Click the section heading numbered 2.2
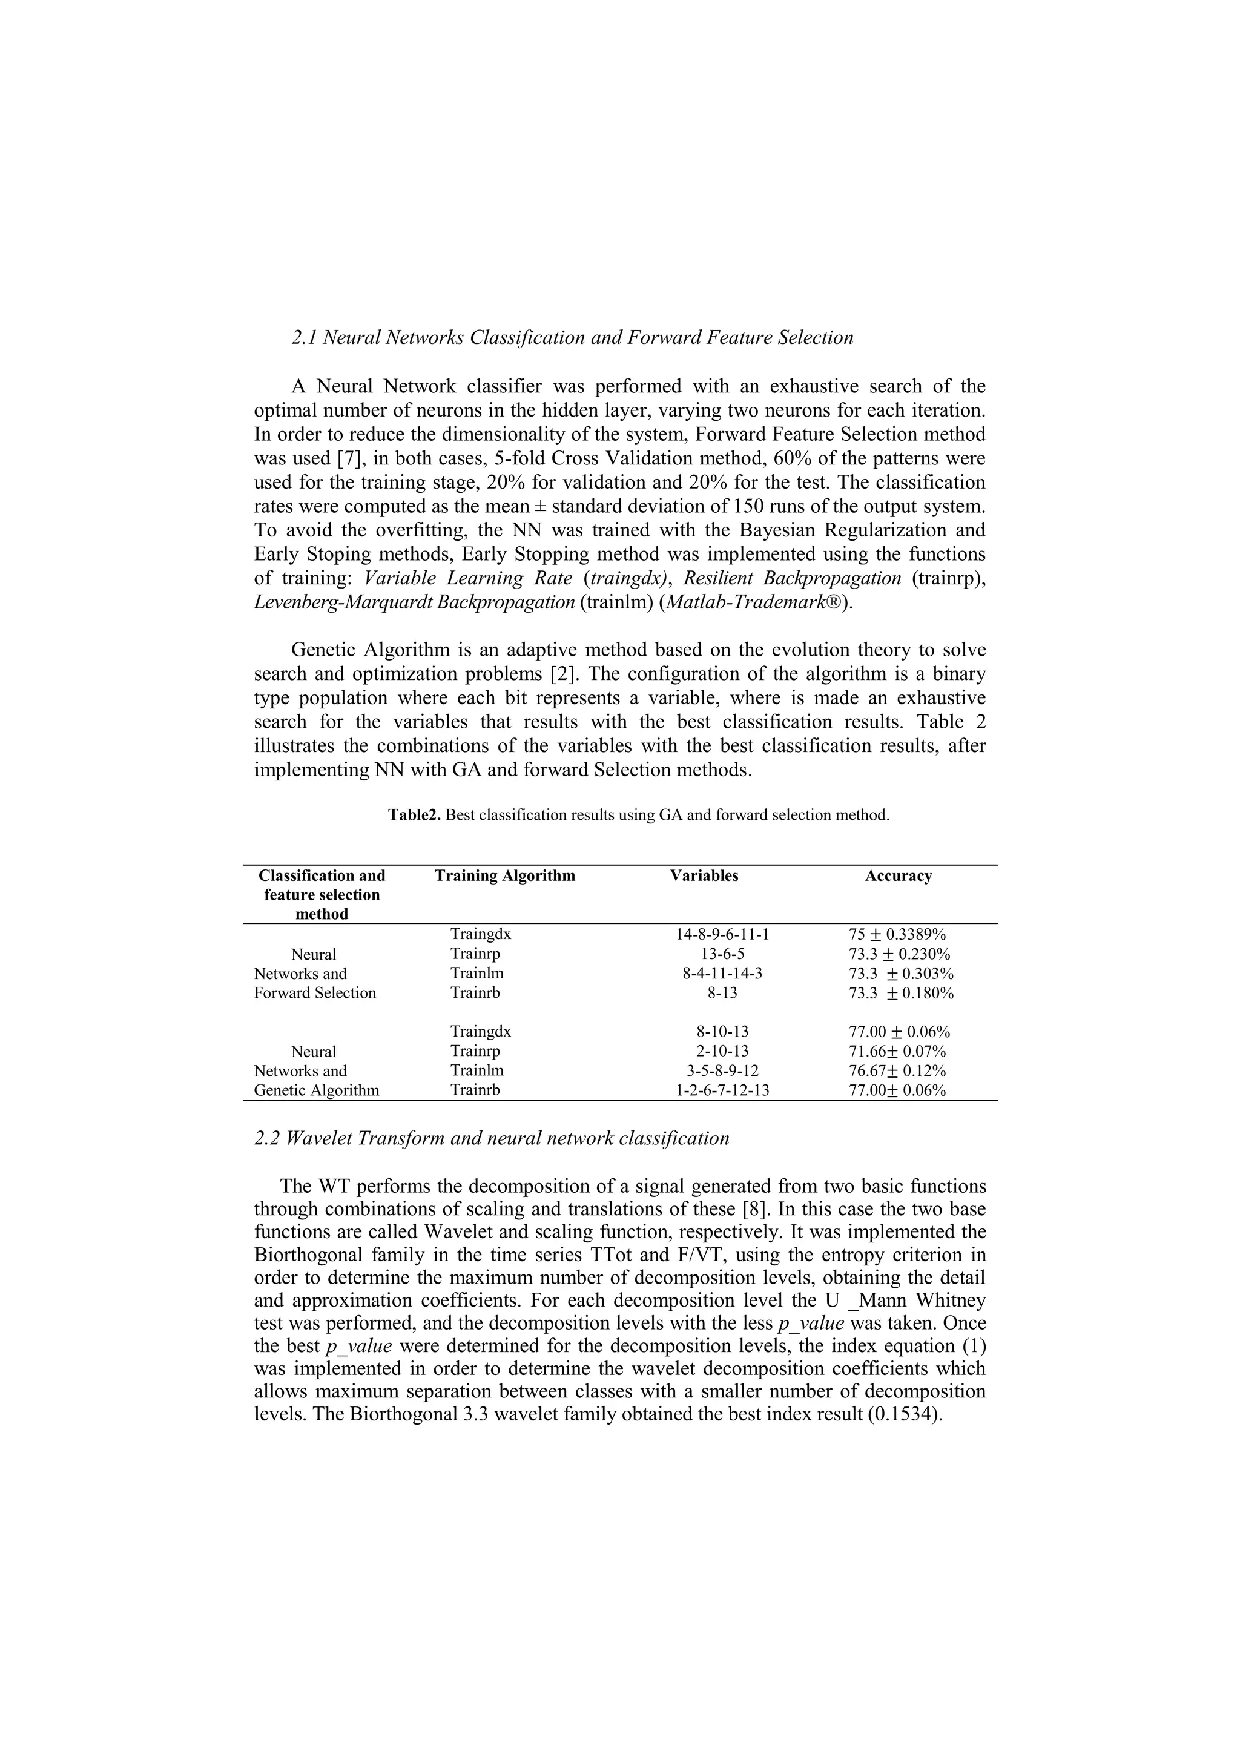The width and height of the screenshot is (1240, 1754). coord(491,1138)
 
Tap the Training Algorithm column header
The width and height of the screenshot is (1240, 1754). coord(504,875)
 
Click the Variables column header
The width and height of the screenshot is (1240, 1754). coord(704,875)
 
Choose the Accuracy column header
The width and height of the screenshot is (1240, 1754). coord(898,875)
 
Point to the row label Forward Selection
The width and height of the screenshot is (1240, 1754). coord(315,992)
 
